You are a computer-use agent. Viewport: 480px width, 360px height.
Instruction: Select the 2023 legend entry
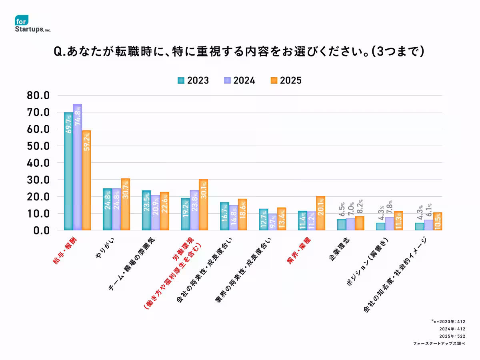click(x=193, y=80)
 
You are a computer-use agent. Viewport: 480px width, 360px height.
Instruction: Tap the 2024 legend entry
click(x=239, y=80)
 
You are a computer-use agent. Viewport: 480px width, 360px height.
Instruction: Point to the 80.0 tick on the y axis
click(x=38, y=96)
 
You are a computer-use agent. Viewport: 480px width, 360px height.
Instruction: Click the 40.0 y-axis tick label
click(x=38, y=163)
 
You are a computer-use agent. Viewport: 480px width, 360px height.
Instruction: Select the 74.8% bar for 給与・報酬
click(x=77, y=167)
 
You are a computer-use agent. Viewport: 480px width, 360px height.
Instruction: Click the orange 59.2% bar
click(x=86, y=180)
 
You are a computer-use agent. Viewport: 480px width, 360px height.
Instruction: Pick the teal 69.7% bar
click(x=68, y=171)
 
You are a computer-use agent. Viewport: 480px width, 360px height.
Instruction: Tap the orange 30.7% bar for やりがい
click(x=125, y=204)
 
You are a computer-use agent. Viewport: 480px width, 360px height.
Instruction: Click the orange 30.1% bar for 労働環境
click(x=203, y=205)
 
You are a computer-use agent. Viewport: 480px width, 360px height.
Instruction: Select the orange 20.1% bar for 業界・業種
click(x=320, y=213)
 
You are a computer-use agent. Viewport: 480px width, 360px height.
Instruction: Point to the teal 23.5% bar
click(x=146, y=210)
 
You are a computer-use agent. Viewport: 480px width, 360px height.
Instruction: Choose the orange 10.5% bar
click(x=438, y=221)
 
